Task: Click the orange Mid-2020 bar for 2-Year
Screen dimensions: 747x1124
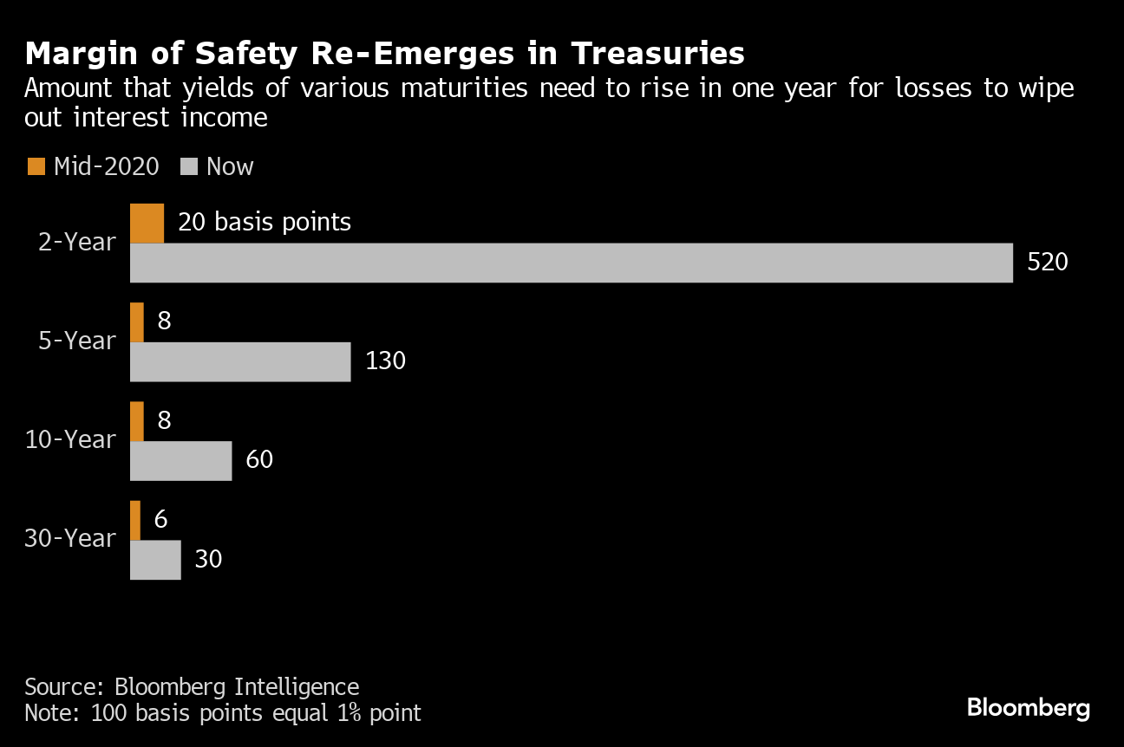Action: click(147, 223)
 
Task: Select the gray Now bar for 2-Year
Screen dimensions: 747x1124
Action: click(571, 263)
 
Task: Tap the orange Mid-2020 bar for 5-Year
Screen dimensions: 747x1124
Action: click(137, 322)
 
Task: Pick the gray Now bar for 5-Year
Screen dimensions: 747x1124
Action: click(240, 361)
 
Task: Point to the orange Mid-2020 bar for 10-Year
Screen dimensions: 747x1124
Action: click(137, 420)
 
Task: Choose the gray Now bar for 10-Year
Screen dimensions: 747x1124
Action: click(180, 460)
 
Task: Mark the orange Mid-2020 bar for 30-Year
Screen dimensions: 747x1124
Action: click(135, 519)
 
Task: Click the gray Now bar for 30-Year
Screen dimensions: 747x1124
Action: click(155, 559)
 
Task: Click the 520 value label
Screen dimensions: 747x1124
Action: click(1048, 263)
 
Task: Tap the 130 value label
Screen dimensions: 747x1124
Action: click(385, 361)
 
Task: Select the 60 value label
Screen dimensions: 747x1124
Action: click(259, 460)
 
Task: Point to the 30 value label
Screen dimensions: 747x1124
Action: click(208, 559)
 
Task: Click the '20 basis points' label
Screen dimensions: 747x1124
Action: click(265, 223)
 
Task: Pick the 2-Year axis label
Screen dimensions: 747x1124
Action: click(77, 243)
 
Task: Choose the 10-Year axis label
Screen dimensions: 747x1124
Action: click(70, 440)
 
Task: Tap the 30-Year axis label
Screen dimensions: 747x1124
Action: click(70, 539)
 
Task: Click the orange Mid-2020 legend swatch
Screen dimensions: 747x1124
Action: click(36, 166)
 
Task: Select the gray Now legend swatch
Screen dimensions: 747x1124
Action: click(188, 166)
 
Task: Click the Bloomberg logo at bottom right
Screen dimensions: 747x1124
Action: click(1028, 708)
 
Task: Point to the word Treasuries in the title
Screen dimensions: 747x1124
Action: click(657, 54)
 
